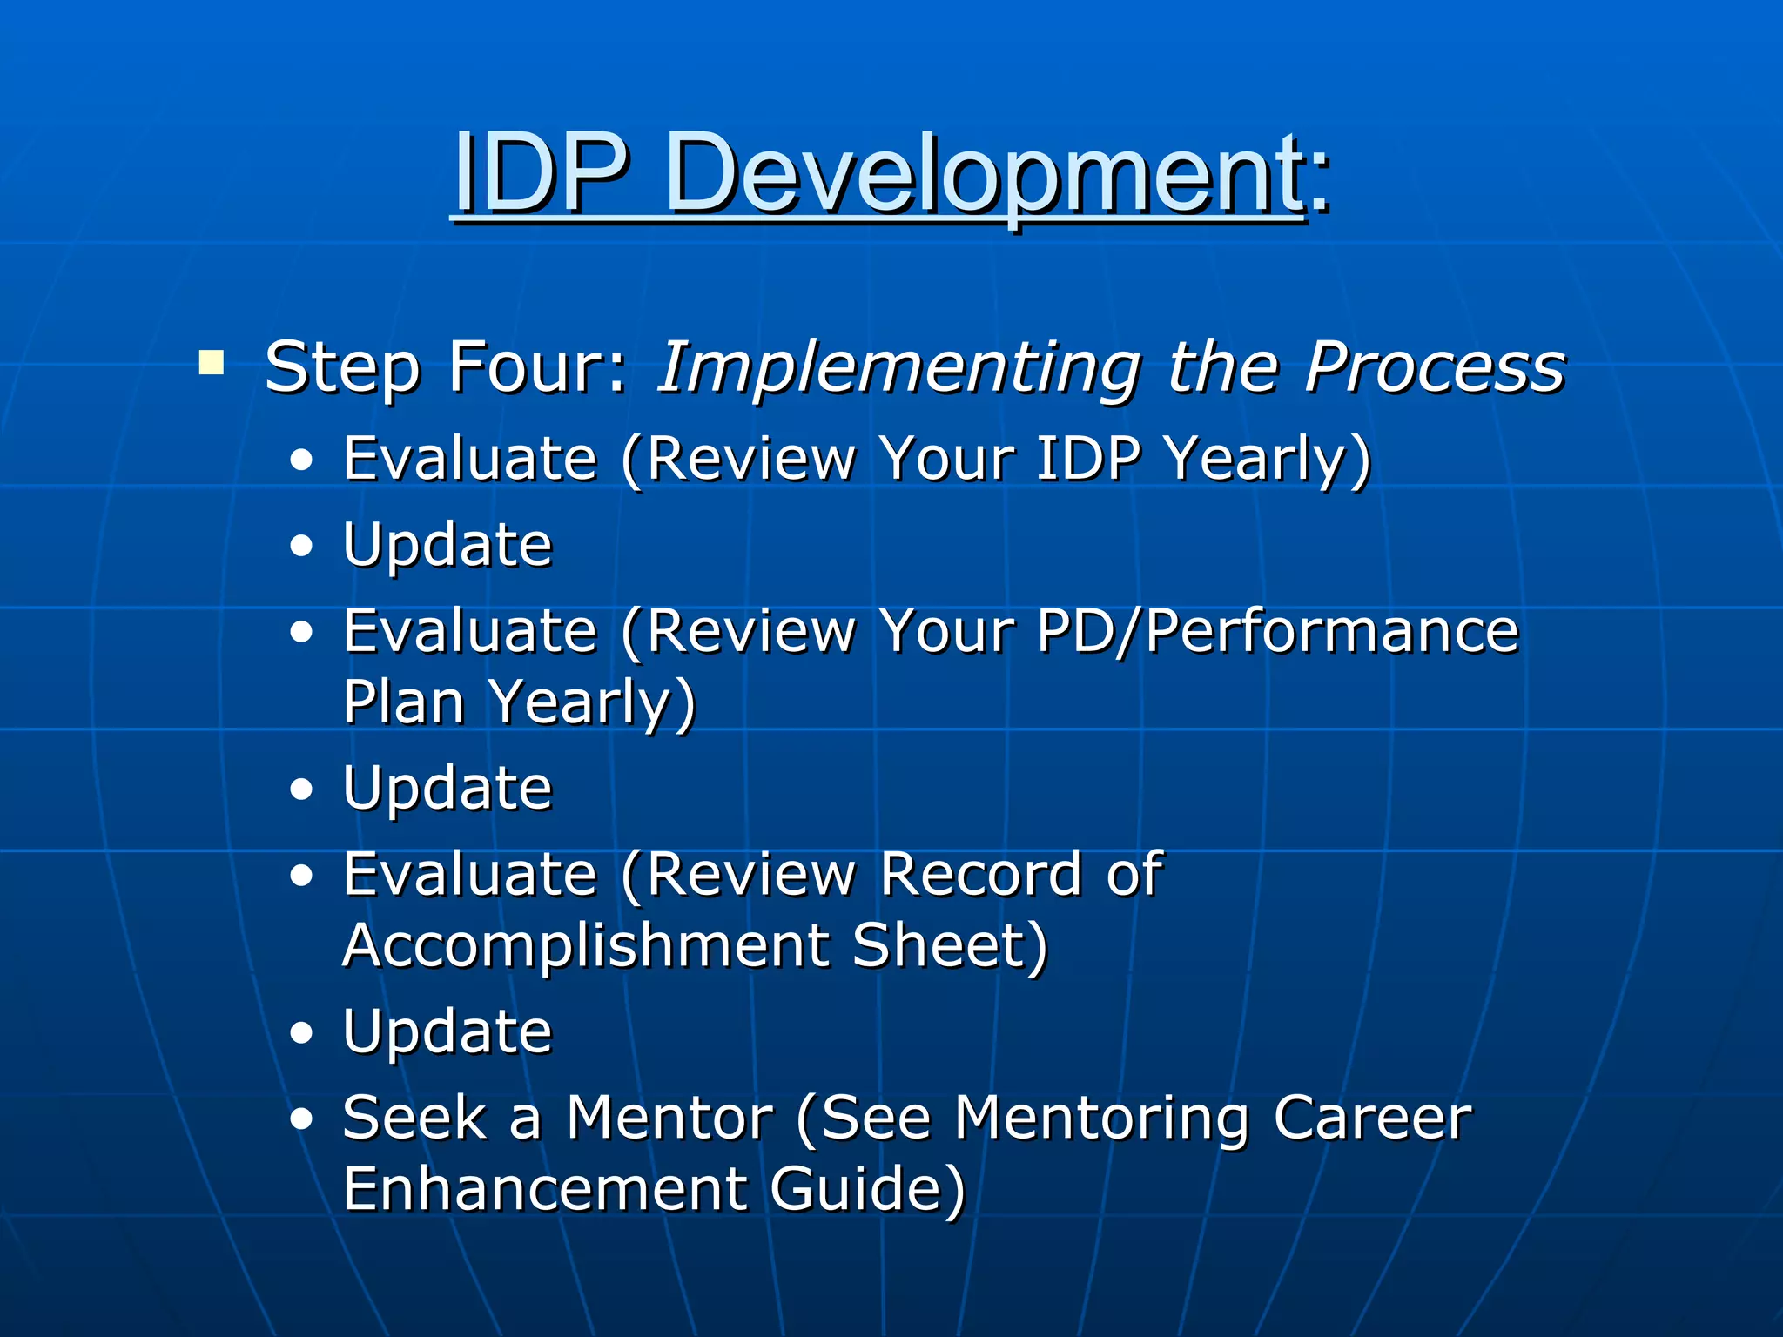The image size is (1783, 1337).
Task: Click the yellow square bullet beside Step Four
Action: (211, 361)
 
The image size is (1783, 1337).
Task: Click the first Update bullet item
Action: (447, 545)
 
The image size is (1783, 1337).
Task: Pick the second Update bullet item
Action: (447, 789)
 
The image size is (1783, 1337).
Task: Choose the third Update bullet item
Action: (447, 1032)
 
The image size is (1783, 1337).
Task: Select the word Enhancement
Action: (545, 1189)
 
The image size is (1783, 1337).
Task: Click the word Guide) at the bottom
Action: (867, 1189)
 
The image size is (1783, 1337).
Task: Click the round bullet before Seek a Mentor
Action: (301, 1119)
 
